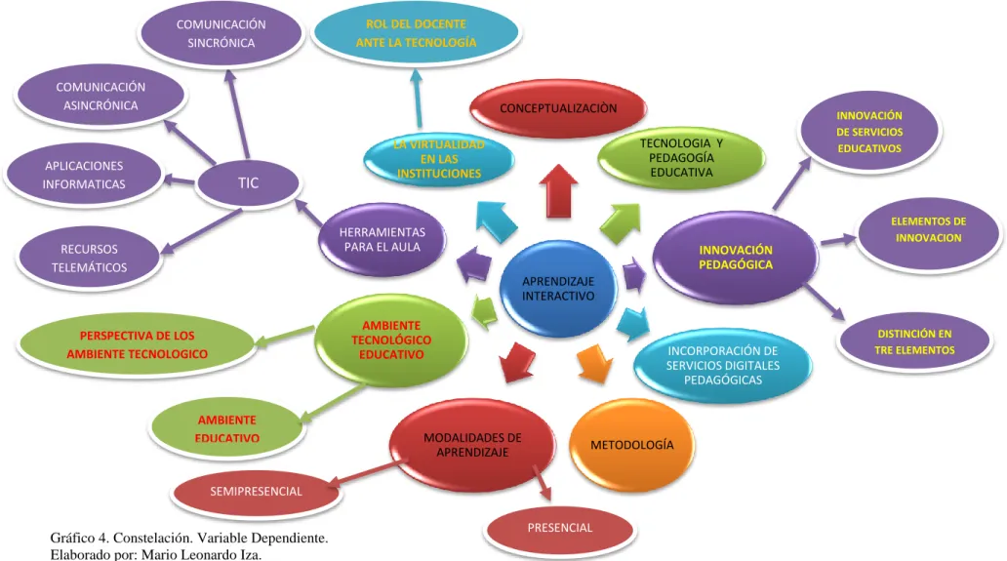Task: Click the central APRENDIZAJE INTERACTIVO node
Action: tap(558, 289)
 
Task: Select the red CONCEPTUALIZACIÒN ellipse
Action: tap(558, 108)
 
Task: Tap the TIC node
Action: tap(249, 183)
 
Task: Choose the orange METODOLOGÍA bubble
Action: tap(632, 445)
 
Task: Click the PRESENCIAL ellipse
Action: tap(560, 528)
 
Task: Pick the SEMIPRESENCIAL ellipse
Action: tap(257, 492)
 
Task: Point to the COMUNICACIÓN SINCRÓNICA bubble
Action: tap(221, 33)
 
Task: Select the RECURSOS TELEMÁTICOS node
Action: tap(89, 258)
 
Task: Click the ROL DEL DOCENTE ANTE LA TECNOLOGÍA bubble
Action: tap(416, 33)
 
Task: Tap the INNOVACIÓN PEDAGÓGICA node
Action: tap(736, 257)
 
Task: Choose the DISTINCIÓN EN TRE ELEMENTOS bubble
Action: tap(914, 342)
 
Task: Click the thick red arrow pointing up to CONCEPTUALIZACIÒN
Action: tap(558, 191)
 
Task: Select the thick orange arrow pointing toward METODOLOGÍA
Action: tap(594, 364)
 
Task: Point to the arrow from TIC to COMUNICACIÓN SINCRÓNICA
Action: tap(236, 114)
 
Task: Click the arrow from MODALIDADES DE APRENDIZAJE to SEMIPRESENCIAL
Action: tap(365, 474)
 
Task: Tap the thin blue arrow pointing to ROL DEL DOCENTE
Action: tap(418, 99)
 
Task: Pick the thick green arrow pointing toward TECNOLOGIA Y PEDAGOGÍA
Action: tap(621, 223)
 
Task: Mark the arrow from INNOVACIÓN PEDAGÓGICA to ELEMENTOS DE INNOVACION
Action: tap(839, 240)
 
